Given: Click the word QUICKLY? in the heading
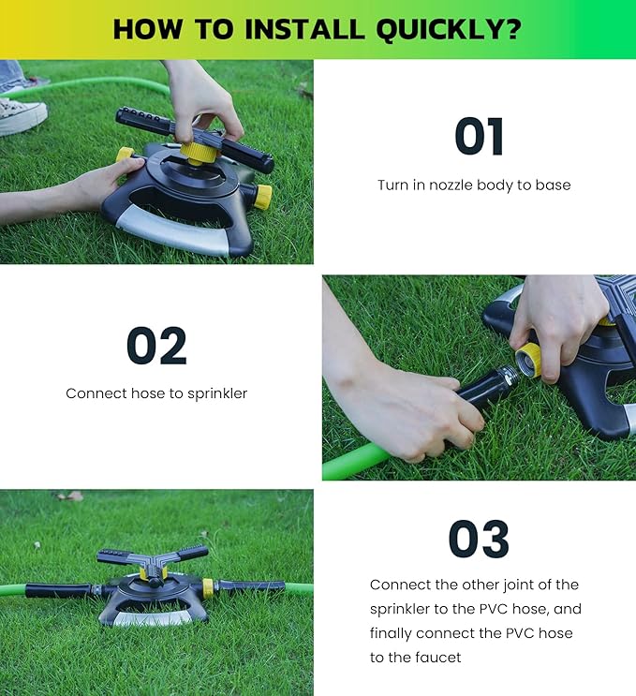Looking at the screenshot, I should pyautogui.click(x=449, y=29).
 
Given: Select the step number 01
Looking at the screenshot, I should pyautogui.click(x=479, y=137).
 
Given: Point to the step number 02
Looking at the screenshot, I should pyautogui.click(x=156, y=348).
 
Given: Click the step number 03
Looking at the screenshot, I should pyautogui.click(x=479, y=540).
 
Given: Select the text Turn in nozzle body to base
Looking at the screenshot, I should pyautogui.click(x=474, y=185).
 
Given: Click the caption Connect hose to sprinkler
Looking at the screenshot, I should pyautogui.click(x=156, y=393).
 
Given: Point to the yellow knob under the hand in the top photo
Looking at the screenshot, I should pyautogui.click(x=199, y=150).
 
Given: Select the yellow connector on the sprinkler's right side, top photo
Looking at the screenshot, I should pyautogui.click(x=262, y=197).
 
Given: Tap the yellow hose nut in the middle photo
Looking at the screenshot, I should pyautogui.click(x=530, y=359).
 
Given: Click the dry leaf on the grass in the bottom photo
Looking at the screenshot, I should pyautogui.click(x=71, y=496).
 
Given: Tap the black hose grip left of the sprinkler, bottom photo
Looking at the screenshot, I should pyautogui.click(x=58, y=590).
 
